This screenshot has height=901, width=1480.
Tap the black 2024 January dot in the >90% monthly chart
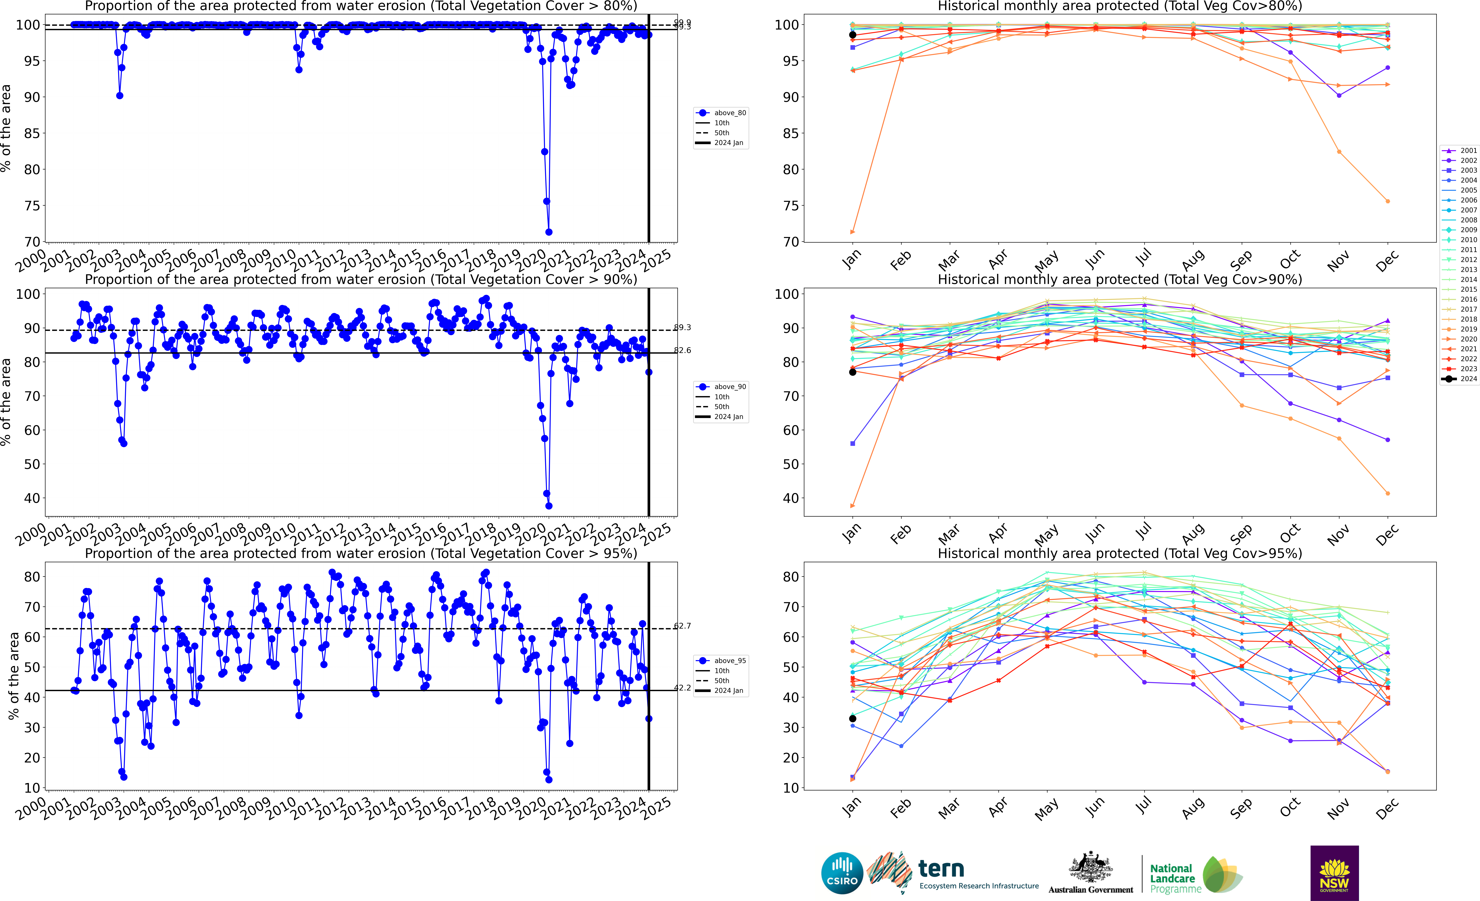pyautogui.click(x=852, y=372)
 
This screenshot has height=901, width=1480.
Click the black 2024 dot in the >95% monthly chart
pyautogui.click(x=852, y=718)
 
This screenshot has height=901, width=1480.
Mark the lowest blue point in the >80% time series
pyautogui.click(x=548, y=232)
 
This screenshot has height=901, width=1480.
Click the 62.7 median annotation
pyautogui.click(x=682, y=626)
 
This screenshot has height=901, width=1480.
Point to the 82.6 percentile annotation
pyautogui.click(x=682, y=350)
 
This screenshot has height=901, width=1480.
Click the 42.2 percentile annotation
pyautogui.click(x=682, y=688)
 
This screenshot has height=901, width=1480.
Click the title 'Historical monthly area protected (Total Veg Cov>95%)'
pyautogui.click(x=1120, y=553)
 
